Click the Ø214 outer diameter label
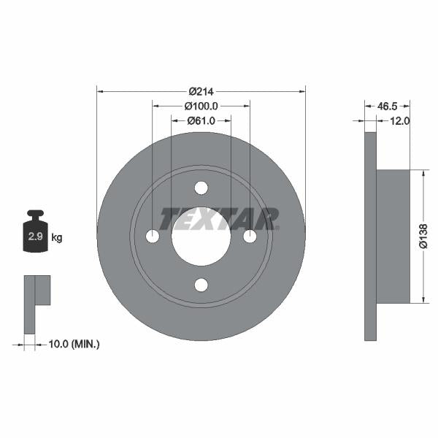click(201, 91)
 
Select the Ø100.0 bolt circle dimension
click(201, 106)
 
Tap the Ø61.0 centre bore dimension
click(201, 120)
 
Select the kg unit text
click(57, 237)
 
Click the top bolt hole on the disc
click(201, 188)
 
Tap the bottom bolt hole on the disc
click(201, 285)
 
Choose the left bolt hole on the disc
click(152, 237)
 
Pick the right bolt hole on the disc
click(250, 237)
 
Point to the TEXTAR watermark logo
click(219, 218)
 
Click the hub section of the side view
click(394, 235)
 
